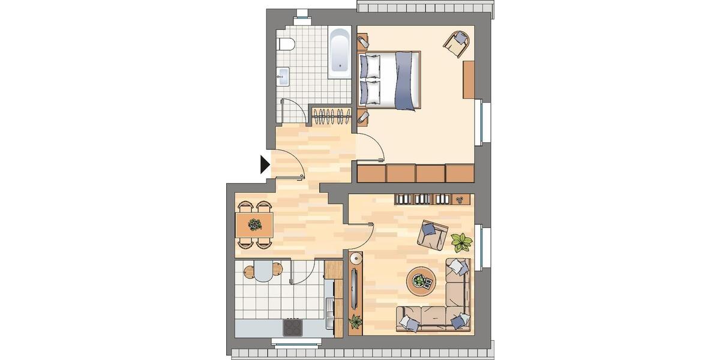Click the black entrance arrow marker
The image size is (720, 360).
click(265, 164)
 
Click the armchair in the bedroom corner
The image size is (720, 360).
click(457, 43)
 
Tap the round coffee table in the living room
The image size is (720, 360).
click(422, 281)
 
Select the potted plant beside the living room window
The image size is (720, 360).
click(461, 242)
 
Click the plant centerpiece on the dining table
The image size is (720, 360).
click(255, 225)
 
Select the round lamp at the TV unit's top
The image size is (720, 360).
click(356, 259)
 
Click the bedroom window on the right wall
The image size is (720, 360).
click(484, 123)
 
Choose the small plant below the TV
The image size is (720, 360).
click(355, 322)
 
